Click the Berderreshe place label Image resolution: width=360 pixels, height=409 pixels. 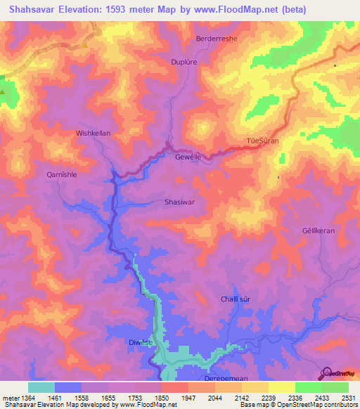point(216,39)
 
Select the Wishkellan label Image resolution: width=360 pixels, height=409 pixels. point(94,132)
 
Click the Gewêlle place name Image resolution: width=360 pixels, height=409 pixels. point(188,158)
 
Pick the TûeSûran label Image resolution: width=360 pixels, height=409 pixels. point(264,141)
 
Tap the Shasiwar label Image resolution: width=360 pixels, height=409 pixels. point(179,202)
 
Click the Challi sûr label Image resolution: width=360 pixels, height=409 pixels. point(236,299)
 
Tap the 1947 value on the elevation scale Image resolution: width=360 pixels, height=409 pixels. point(187,398)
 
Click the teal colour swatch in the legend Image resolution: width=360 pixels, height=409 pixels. point(41,387)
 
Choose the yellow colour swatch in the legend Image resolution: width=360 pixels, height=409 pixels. point(281,387)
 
